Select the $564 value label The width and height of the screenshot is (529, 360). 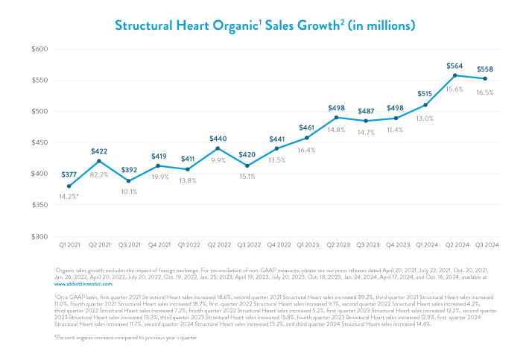click(x=454, y=64)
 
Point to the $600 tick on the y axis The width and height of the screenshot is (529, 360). click(x=39, y=49)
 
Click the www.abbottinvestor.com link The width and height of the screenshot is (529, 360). click(x=83, y=284)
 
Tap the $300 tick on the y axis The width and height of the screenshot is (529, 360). click(x=39, y=237)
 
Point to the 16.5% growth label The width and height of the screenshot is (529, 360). click(x=486, y=92)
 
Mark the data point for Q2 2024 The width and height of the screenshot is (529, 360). click(x=454, y=75)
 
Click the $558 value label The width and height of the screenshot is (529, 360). click(x=486, y=69)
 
